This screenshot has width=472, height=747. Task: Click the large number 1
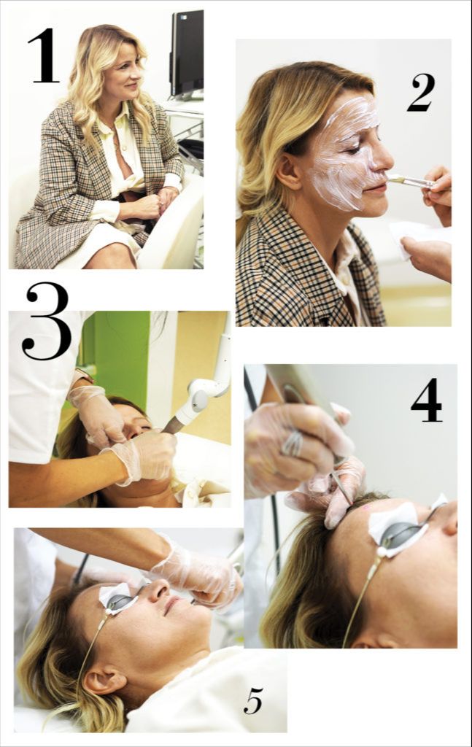click(x=45, y=55)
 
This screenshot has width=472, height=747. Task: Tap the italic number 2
click(x=421, y=93)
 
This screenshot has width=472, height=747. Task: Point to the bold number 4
click(x=426, y=400)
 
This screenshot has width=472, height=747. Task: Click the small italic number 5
click(x=253, y=701)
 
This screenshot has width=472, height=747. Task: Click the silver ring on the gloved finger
click(x=293, y=443)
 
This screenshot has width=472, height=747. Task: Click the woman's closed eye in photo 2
click(x=355, y=150)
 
